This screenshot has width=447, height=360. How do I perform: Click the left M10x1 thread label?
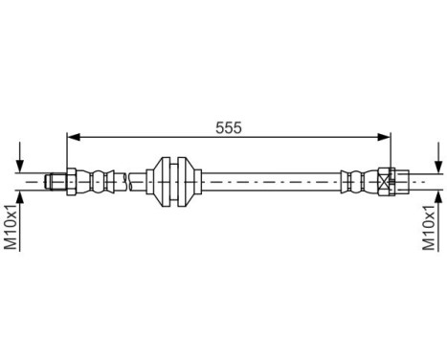[x=11, y=228]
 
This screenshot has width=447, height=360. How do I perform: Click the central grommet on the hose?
[x=175, y=178]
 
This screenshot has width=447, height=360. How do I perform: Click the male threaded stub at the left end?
[x=55, y=178]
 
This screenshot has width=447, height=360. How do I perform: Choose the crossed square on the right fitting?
[x=386, y=178]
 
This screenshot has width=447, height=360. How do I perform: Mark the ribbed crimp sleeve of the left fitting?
[x=99, y=178]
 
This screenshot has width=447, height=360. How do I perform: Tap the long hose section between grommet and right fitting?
[x=268, y=178]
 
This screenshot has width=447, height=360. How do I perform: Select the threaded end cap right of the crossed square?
[x=403, y=178]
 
